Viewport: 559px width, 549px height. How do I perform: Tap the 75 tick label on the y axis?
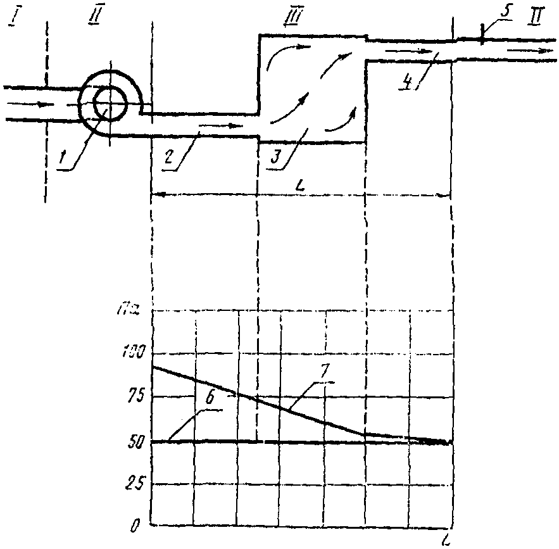[x=135, y=397]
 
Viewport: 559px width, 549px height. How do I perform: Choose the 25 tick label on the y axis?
[x=135, y=484]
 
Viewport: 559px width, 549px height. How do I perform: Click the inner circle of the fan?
[x=109, y=103]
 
